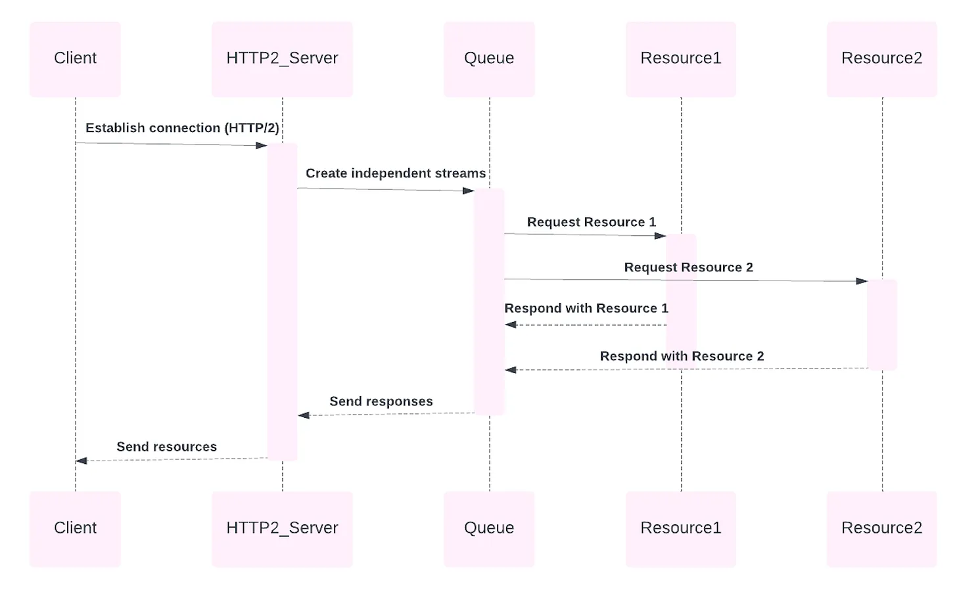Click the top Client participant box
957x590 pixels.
[x=75, y=59]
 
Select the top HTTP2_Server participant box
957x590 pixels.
[x=282, y=59]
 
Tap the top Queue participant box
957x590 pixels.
[x=489, y=59]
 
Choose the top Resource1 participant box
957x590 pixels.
[x=681, y=59]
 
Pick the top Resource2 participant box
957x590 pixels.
[x=881, y=59]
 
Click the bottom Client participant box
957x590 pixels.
[x=75, y=528]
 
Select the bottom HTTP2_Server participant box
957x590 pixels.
[x=282, y=528]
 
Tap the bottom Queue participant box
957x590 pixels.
[x=489, y=528]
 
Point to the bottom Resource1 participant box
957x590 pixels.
[x=681, y=528]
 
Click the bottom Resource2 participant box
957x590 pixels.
[x=881, y=528]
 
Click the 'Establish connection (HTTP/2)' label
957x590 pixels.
[x=182, y=128]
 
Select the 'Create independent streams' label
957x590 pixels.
[x=396, y=173]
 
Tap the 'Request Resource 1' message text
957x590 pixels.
[x=592, y=222]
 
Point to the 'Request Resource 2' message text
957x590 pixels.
[x=688, y=267]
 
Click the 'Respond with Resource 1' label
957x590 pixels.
[x=586, y=308]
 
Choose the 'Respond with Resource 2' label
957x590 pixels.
[x=682, y=356]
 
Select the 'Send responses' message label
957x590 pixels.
[x=381, y=401]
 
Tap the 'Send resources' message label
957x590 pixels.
[x=166, y=447]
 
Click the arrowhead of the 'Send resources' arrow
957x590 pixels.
[x=82, y=461]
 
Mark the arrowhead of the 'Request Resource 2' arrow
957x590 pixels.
[x=862, y=281]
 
